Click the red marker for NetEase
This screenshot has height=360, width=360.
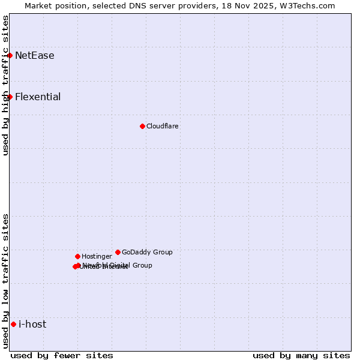click(10, 55)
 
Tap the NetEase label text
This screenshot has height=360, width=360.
click(34, 56)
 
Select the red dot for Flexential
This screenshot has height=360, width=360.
click(10, 97)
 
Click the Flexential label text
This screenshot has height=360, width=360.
click(38, 97)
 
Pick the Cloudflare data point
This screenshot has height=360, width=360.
click(142, 126)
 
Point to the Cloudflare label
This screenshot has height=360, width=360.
click(162, 127)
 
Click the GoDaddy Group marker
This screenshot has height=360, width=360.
click(118, 252)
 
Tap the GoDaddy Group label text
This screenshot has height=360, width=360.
click(147, 253)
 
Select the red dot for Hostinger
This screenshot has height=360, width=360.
click(77, 256)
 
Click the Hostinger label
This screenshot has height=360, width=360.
click(97, 257)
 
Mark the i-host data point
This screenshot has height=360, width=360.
click(13, 324)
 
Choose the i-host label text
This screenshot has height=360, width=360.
click(32, 325)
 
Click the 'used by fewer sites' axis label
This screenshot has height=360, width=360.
click(62, 355)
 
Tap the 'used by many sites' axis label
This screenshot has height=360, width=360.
click(301, 355)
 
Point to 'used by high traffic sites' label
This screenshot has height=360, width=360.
click(5, 85)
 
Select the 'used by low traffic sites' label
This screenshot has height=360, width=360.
click(5, 281)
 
